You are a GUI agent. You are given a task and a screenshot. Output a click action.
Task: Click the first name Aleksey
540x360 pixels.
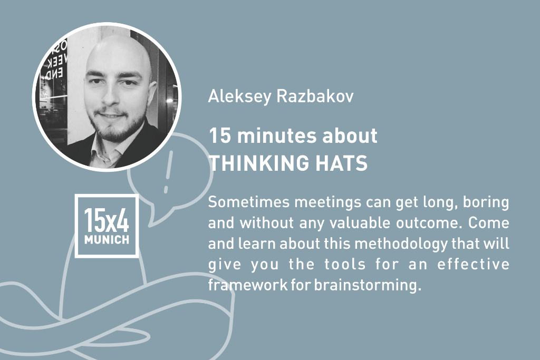(240, 96)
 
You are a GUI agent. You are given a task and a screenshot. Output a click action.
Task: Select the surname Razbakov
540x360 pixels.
(315, 96)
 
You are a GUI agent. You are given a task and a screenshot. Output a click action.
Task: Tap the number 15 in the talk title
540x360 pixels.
(219, 135)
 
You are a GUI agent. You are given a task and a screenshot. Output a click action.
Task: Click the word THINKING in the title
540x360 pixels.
(259, 163)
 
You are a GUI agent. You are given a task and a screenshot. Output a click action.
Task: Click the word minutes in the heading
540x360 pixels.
(276, 135)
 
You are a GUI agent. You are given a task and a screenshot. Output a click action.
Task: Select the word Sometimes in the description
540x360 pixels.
(249, 202)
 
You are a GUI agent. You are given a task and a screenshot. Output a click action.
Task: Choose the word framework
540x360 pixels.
(248, 285)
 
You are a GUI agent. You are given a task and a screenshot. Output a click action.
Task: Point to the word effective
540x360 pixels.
(473, 264)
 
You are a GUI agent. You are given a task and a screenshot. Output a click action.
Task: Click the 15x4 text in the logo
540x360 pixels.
(107, 220)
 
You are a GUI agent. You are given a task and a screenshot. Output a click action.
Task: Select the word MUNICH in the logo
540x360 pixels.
(107, 239)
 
